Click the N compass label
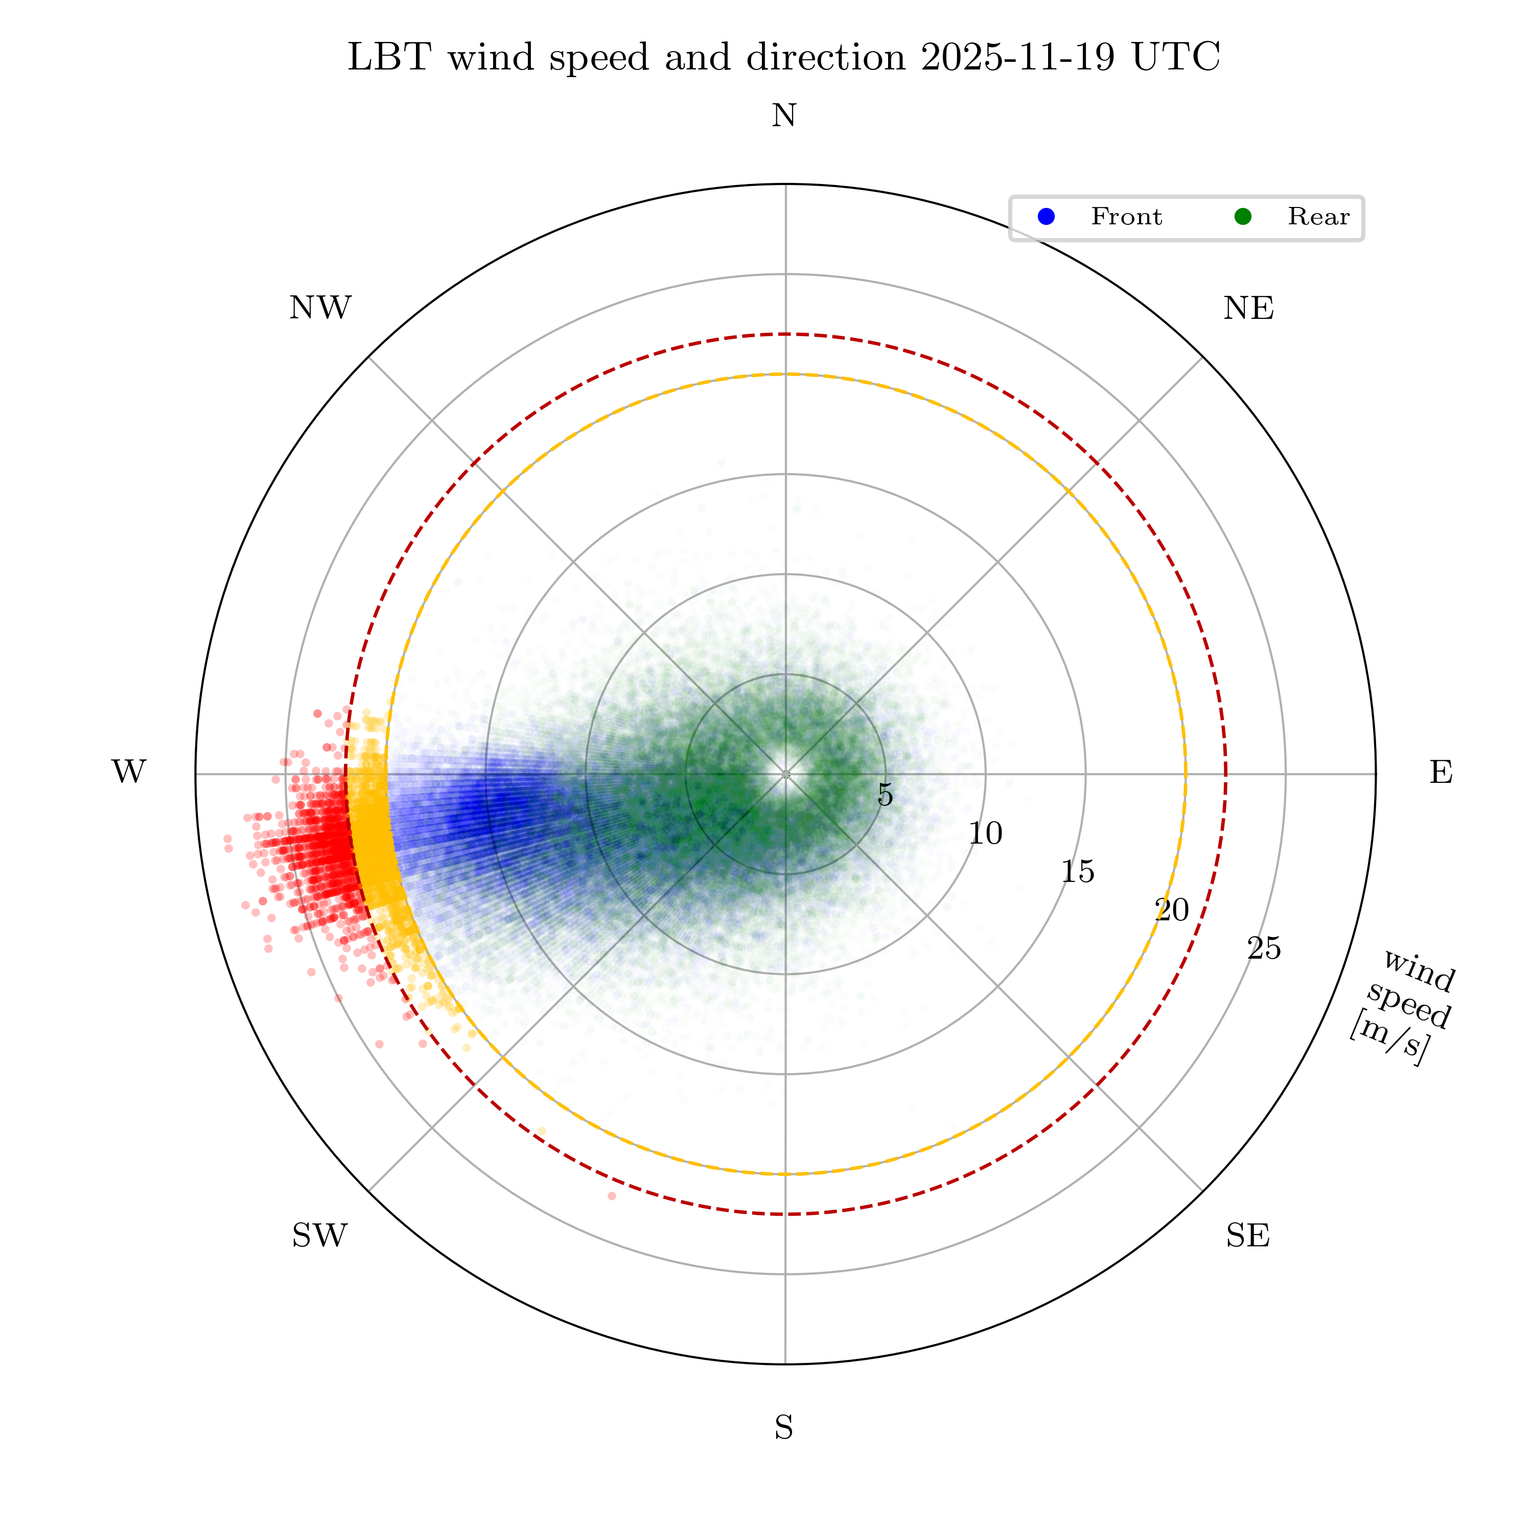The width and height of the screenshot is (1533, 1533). point(784,116)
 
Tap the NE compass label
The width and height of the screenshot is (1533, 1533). point(1248,309)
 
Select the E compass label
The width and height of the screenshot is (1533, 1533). point(1441,772)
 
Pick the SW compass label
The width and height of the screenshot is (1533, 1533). point(320,1236)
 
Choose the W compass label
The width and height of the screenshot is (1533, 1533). point(129,772)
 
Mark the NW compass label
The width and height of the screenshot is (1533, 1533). point(320,309)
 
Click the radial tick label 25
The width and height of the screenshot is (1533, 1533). point(1264,948)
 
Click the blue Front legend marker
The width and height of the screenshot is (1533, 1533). point(1047,217)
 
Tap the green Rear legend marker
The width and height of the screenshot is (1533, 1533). point(1243,217)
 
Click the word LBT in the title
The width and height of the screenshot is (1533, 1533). point(389,58)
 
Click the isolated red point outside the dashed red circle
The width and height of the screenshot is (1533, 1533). point(612,1196)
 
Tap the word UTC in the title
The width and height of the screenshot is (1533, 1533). point(1176,58)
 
